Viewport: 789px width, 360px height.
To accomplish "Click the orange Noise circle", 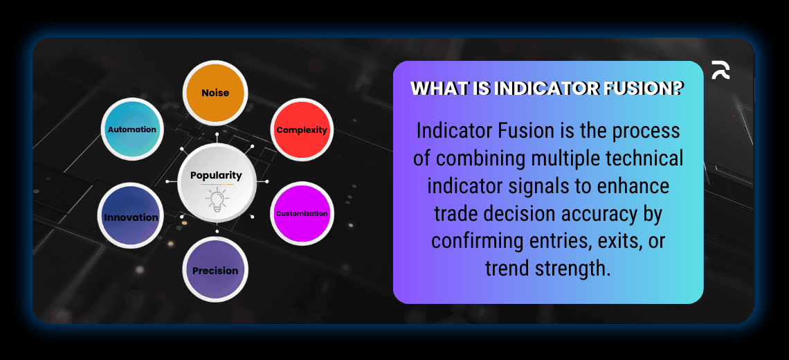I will [x=215, y=92].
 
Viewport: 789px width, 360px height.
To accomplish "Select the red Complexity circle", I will [x=302, y=130].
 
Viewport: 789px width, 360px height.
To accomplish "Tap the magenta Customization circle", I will [x=302, y=213].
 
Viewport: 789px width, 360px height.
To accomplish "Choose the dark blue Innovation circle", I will [x=131, y=217].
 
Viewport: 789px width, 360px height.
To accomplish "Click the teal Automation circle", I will [x=131, y=129].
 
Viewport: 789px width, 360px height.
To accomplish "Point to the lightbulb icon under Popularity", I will [x=216, y=199].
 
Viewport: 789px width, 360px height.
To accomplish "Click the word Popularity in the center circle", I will [x=216, y=176].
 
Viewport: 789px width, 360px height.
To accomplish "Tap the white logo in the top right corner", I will [x=720, y=70].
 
